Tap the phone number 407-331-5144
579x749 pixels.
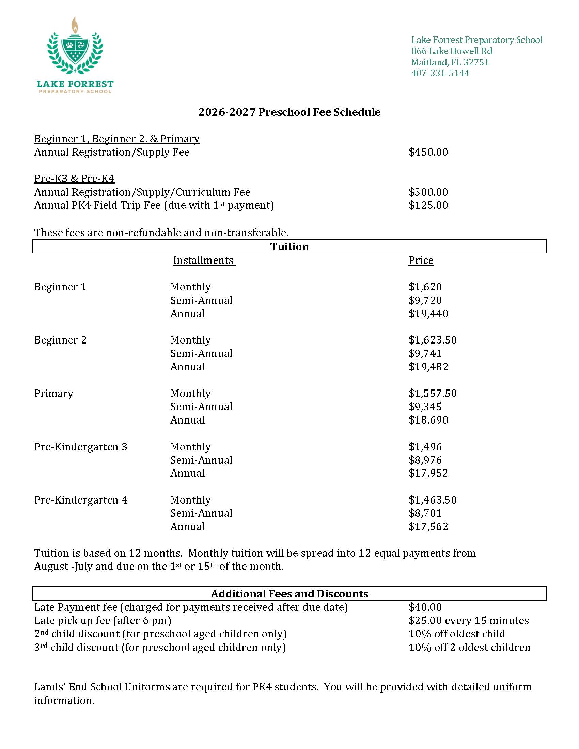[440, 73]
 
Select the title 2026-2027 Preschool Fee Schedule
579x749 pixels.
[289, 112]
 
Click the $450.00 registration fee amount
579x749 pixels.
[428, 152]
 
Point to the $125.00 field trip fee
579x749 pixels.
[428, 205]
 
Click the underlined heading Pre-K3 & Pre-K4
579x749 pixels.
[74, 178]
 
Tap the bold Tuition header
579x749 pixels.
[289, 246]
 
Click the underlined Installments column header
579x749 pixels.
[204, 260]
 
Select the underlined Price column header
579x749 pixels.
[421, 260]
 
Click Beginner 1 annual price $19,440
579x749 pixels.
[428, 314]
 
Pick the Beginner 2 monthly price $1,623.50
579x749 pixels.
[433, 340]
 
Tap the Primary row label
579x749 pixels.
[53, 393]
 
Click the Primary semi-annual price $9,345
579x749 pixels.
[425, 407]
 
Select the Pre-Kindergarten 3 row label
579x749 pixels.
[81, 447]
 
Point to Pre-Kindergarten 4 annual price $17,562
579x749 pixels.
[428, 526]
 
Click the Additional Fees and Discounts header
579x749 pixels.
[289, 594]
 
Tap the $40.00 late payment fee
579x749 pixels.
[425, 607]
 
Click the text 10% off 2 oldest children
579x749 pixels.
[469, 647]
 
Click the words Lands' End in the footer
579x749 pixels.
[60, 687]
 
